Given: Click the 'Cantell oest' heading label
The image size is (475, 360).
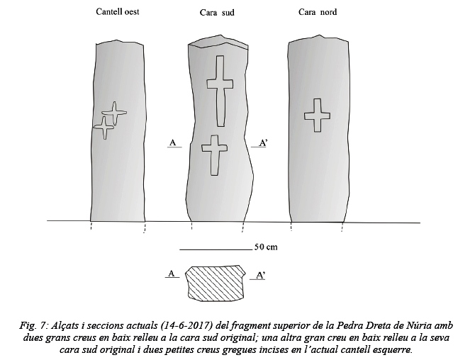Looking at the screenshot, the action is (118, 12).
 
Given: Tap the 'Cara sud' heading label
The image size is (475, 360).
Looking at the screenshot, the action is (217, 13).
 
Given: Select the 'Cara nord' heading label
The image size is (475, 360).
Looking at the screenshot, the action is (318, 12).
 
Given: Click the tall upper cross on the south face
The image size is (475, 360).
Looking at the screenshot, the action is (220, 91).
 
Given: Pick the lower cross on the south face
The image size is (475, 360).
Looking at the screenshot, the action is (215, 154).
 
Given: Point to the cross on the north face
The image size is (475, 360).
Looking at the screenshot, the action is (317, 116).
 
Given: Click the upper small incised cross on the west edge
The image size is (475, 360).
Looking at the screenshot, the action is (114, 113).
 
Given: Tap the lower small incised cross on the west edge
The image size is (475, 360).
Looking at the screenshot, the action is (104, 128).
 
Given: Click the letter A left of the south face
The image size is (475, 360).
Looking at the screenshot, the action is (173, 142).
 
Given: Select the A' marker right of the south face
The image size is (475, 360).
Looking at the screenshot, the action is (263, 142).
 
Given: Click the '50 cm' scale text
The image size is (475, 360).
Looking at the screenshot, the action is (266, 247).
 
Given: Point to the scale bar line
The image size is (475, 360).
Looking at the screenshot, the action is (216, 249).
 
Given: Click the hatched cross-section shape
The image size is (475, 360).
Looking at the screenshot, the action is (216, 283).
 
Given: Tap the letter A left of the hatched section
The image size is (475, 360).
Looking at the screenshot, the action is (172, 274).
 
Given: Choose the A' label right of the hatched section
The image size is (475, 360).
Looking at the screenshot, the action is (260, 276).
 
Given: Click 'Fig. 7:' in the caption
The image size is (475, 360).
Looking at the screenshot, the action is (33, 325).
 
